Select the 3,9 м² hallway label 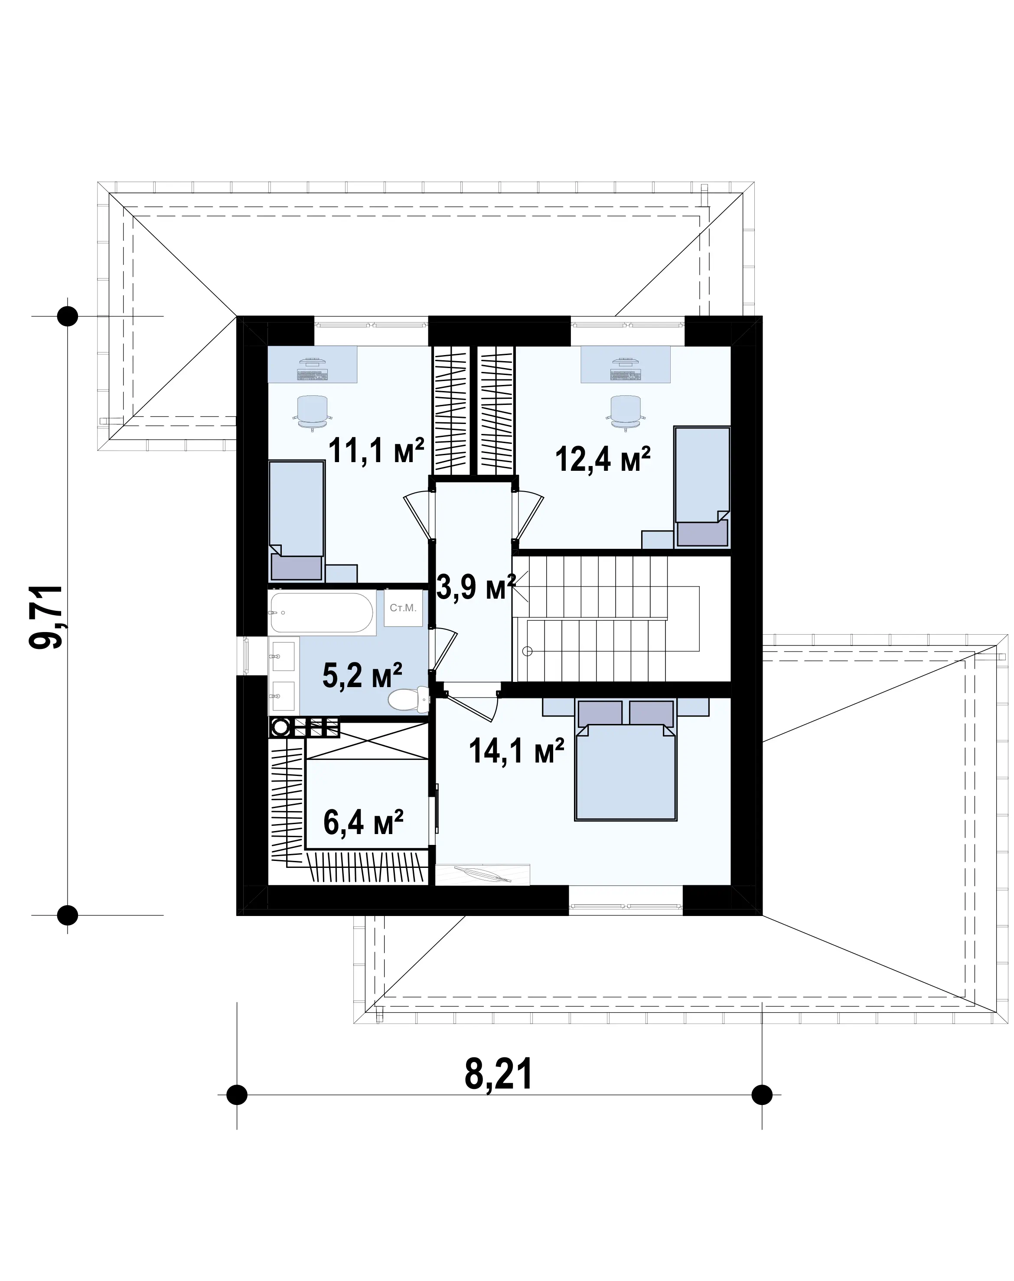476,588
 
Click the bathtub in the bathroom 322,612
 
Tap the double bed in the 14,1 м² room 626,760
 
